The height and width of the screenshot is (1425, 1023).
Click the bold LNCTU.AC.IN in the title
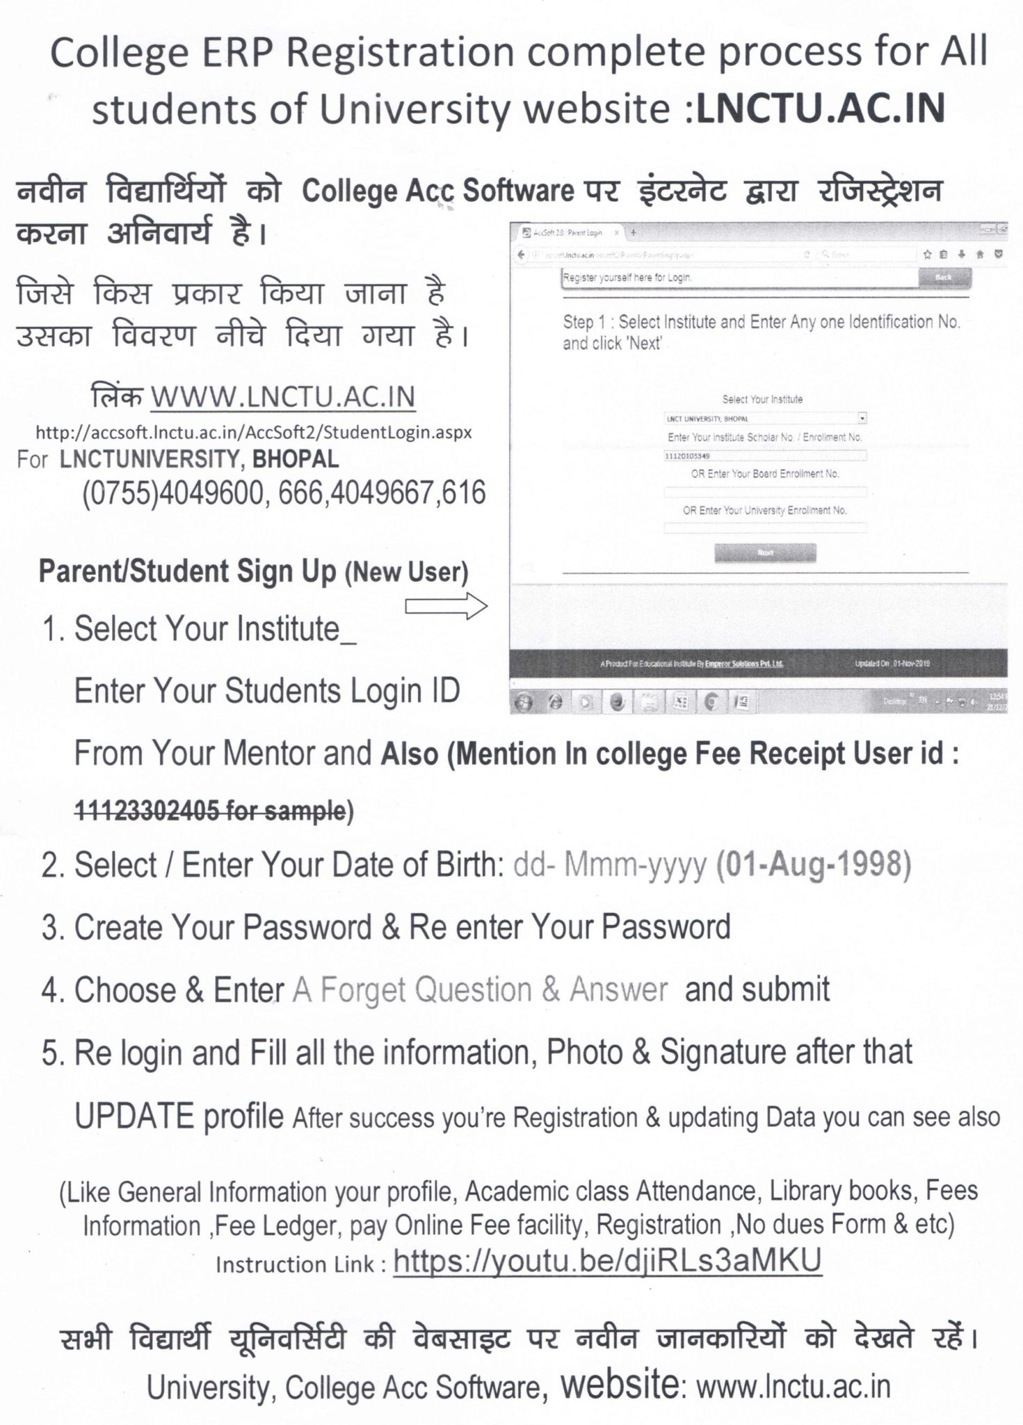[820, 109]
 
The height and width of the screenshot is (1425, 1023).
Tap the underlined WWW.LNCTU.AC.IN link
[283, 397]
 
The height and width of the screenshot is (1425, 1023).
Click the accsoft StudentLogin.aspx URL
[254, 432]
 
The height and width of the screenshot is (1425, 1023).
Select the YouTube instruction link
[607, 1260]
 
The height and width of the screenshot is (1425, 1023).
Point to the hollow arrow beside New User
[446, 606]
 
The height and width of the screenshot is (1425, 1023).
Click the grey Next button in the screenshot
[765, 552]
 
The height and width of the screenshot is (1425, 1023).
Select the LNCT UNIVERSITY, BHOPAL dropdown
[765, 419]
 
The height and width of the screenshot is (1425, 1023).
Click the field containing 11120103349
[765, 456]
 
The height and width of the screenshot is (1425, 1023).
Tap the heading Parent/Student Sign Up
[187, 571]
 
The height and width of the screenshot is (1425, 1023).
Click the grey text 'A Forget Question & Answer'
[480, 989]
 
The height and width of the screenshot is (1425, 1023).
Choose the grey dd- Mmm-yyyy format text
[609, 865]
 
